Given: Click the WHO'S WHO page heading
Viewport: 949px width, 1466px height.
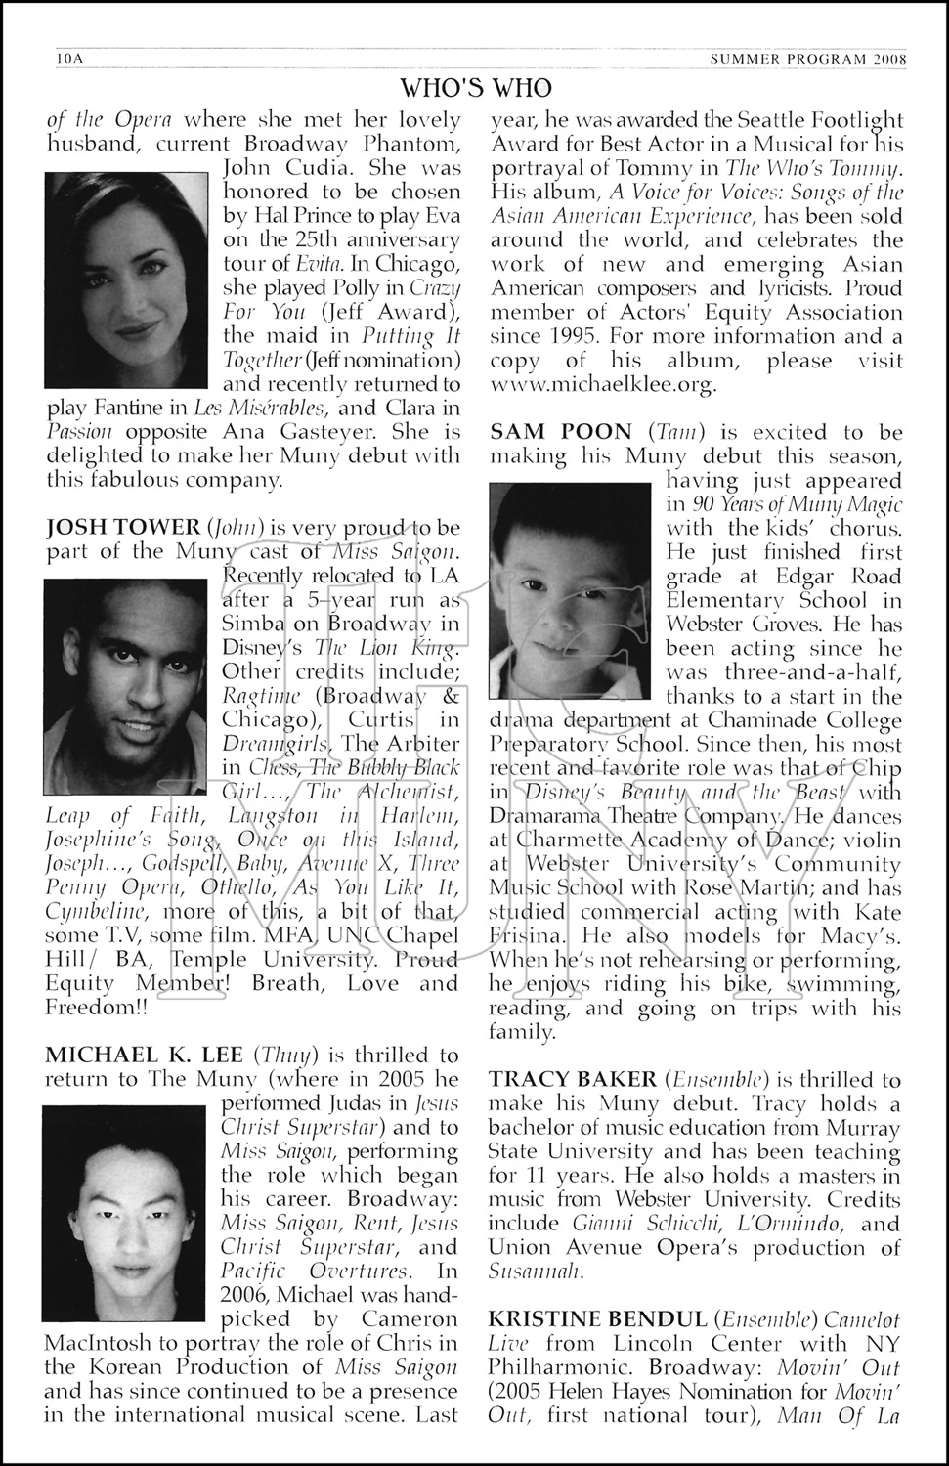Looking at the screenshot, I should tap(476, 89).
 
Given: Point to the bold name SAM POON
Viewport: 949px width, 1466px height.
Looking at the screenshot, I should tap(561, 432).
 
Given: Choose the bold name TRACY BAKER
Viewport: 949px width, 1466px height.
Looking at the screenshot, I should tap(572, 1080).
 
